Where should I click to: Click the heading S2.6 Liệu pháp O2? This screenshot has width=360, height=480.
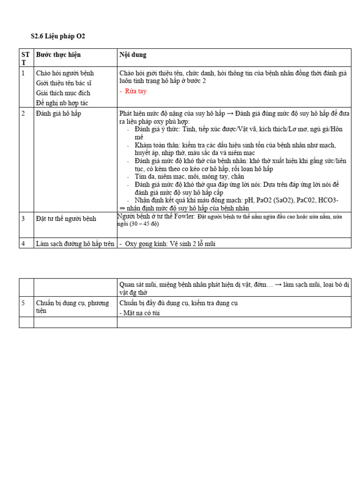(58, 36)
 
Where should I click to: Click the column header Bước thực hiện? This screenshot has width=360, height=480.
(58, 55)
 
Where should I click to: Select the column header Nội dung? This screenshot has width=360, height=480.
(133, 55)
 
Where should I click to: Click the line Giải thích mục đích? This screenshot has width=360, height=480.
(63, 93)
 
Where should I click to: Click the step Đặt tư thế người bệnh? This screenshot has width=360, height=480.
(66, 219)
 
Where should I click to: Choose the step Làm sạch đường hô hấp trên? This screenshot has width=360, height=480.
(75, 244)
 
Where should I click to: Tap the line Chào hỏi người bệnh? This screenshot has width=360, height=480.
(65, 73)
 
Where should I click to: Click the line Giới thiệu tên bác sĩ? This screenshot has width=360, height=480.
(63, 83)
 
